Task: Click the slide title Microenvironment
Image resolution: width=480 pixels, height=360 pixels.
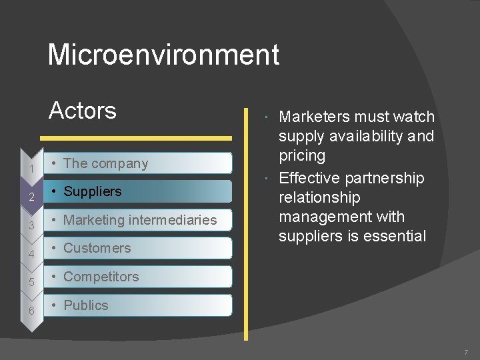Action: point(163,55)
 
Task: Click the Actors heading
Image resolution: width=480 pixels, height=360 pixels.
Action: point(83,110)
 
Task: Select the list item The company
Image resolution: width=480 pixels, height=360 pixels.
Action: point(105,163)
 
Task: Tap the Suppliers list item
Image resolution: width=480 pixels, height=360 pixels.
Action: point(92,191)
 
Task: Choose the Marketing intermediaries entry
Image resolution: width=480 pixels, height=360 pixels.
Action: point(140,220)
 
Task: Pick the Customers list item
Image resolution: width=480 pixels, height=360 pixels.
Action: point(97,248)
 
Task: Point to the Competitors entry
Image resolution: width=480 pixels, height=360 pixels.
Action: point(101,277)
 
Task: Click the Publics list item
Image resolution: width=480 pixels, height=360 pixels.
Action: point(85,305)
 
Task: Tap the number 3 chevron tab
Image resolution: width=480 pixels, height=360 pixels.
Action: point(31,226)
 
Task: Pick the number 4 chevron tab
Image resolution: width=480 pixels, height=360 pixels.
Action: point(31,254)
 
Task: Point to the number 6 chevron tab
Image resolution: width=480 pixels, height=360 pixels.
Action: point(31,311)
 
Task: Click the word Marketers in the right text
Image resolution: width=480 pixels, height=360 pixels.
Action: point(314,117)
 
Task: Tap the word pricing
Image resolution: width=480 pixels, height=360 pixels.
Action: point(302,156)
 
